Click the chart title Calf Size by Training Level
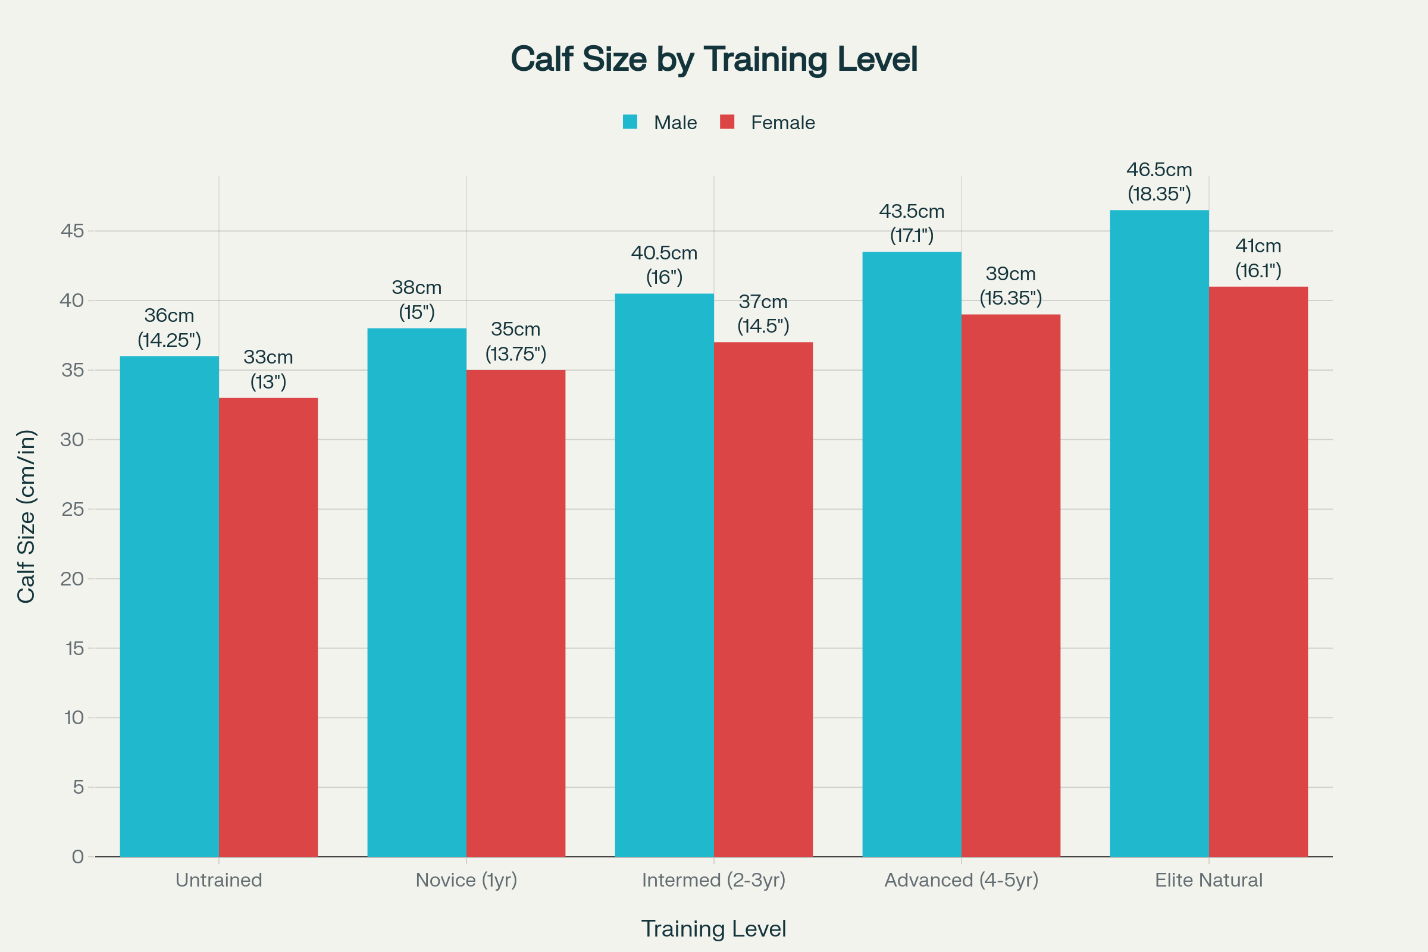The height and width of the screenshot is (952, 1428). pyautogui.click(x=713, y=59)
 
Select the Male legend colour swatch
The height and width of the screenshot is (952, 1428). pyautogui.click(x=630, y=122)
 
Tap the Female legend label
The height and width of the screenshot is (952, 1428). pyautogui.click(x=782, y=123)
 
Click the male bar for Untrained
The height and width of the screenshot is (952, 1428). pyautogui.click(x=170, y=607)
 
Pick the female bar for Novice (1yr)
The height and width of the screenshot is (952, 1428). pyautogui.click(x=515, y=613)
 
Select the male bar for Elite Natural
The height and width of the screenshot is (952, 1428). pyautogui.click(x=1159, y=534)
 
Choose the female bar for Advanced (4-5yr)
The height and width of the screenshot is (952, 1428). pyautogui.click(x=1011, y=586)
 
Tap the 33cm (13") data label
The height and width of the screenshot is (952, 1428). pyautogui.click(x=268, y=369)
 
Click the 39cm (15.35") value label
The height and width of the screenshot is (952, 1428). pyautogui.click(x=1011, y=286)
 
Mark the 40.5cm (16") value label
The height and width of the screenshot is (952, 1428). pyautogui.click(x=664, y=265)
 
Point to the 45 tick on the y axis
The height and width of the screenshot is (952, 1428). pyautogui.click(x=72, y=231)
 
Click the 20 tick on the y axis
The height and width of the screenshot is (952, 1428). pyautogui.click(x=72, y=578)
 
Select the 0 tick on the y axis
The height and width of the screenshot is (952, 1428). pyautogui.click(x=78, y=857)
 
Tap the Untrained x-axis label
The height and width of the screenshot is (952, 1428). pyautogui.click(x=218, y=880)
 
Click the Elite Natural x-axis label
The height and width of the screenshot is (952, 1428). pyautogui.click(x=1208, y=880)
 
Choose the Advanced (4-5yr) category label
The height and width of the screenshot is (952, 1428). pyautogui.click(x=961, y=880)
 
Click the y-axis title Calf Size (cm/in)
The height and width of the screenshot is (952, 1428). pyautogui.click(x=26, y=516)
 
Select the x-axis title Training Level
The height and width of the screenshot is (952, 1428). pyautogui.click(x=713, y=929)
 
